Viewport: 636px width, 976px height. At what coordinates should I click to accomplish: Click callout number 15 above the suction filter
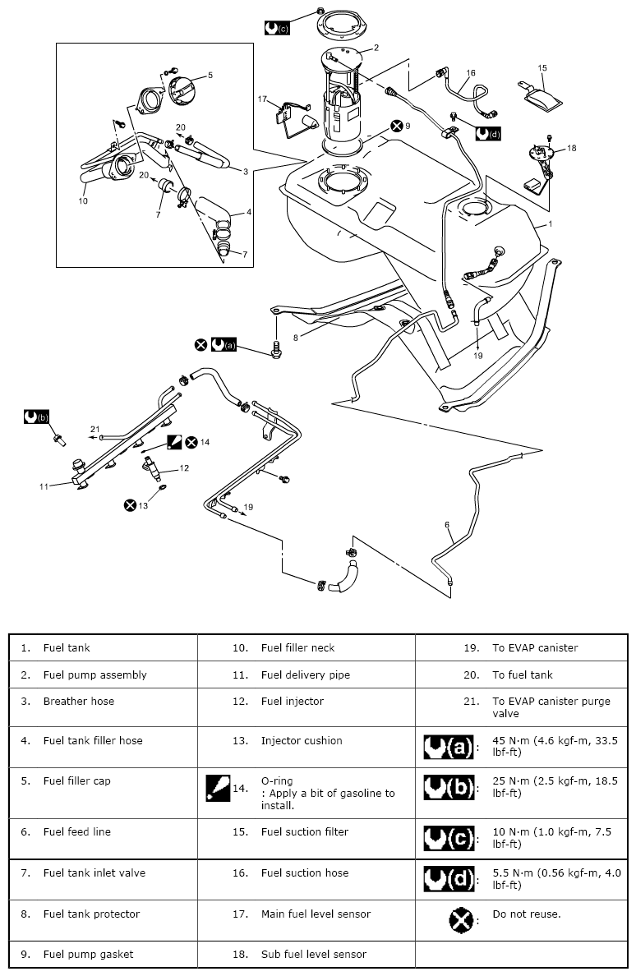click(542, 68)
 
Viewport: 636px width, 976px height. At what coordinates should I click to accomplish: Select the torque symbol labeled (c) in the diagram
click(277, 27)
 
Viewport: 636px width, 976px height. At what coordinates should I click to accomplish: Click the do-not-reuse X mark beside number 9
click(397, 126)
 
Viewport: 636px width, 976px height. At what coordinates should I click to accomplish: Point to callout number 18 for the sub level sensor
click(572, 148)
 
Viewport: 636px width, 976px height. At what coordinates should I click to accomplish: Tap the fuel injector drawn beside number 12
click(154, 469)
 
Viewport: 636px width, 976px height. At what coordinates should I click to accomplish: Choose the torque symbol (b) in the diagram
click(38, 417)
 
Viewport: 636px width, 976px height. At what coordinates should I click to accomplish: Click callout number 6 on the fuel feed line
click(448, 524)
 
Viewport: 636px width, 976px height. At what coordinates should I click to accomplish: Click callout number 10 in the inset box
click(83, 200)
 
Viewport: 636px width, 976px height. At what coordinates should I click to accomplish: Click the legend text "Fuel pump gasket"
click(88, 955)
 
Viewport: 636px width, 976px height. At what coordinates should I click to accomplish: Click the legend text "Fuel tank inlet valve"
click(94, 872)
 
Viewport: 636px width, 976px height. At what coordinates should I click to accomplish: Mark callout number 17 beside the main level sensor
click(263, 99)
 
